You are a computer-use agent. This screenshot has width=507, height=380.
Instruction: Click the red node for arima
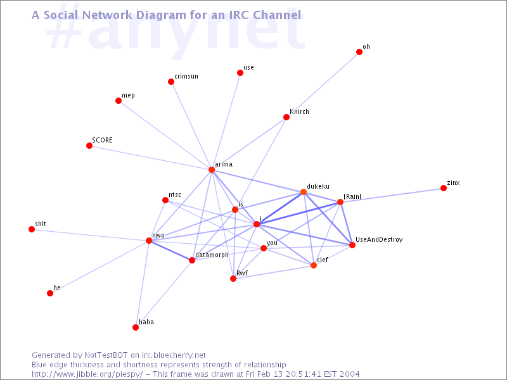pos(212,170)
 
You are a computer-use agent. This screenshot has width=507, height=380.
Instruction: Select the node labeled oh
pos(359,52)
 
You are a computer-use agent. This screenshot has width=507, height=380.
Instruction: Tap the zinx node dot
pos(444,188)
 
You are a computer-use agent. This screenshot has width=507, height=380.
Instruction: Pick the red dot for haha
pos(136,327)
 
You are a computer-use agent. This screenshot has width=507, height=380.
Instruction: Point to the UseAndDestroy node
pos(352,245)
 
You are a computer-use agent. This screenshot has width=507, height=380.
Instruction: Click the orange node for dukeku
pos(304,192)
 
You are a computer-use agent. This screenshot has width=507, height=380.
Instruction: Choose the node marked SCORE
pos(89,146)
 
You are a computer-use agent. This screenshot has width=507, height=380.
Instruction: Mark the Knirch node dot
pos(286,117)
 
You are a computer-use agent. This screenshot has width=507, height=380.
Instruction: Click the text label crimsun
pos(186,76)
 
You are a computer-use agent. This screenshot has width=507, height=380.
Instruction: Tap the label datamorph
pos(212,255)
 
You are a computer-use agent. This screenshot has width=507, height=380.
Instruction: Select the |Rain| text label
pos(352,196)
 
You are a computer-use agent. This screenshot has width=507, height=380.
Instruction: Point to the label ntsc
pos(175,194)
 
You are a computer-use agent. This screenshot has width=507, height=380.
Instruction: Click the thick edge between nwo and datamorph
pos(170,250)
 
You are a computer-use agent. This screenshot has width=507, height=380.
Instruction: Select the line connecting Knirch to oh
pos(323,84)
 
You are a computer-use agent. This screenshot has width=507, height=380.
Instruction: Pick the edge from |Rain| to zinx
pos(392,195)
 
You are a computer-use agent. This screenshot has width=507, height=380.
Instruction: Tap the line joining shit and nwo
pos(90,235)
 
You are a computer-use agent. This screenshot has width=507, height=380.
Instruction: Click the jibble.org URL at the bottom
pos(87,374)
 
